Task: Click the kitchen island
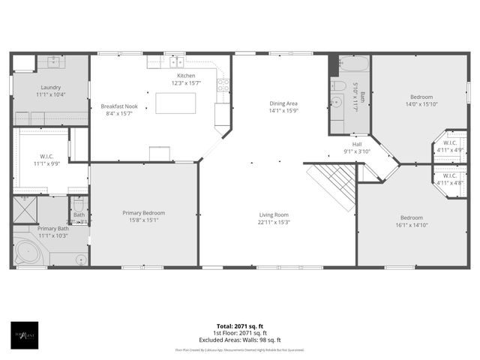(175, 103)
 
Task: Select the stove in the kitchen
(223, 85)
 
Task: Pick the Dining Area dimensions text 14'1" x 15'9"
(283, 111)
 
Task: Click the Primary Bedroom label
(144, 213)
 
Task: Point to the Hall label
(357, 144)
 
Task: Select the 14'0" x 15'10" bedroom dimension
(421, 104)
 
